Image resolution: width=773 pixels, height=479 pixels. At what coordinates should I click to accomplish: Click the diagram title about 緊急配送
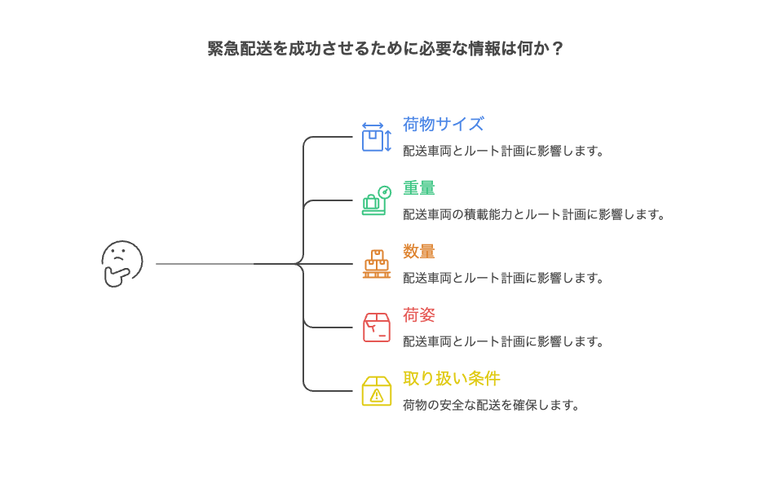pyautogui.click(x=386, y=49)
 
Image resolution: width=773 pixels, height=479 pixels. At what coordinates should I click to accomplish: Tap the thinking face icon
pyautogui.click(x=121, y=263)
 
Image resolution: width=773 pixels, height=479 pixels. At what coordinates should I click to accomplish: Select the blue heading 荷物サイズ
pyautogui.click(x=443, y=125)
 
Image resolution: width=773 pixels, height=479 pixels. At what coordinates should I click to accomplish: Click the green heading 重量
pyautogui.click(x=418, y=188)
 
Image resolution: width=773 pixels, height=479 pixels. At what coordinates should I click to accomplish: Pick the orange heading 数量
pyautogui.click(x=418, y=252)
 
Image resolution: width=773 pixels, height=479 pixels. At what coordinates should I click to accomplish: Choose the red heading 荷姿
pyautogui.click(x=418, y=315)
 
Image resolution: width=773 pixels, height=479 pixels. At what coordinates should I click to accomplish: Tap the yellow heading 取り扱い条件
pyautogui.click(x=451, y=379)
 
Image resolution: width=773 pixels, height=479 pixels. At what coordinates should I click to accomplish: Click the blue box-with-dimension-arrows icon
pyautogui.click(x=376, y=137)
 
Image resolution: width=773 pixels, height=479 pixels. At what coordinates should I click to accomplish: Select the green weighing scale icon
pyautogui.click(x=376, y=200)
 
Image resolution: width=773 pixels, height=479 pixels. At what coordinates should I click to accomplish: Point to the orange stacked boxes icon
pyautogui.click(x=376, y=264)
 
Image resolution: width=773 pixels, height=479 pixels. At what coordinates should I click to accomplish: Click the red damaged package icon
pyautogui.click(x=376, y=327)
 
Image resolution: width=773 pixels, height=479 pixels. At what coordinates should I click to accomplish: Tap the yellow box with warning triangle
pyautogui.click(x=376, y=391)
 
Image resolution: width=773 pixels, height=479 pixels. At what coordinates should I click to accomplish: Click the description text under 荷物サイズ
pyautogui.click(x=504, y=151)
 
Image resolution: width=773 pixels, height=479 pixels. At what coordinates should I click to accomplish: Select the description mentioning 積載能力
pyautogui.click(x=534, y=214)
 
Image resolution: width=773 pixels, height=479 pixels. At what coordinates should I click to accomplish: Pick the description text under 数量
pyautogui.click(x=504, y=278)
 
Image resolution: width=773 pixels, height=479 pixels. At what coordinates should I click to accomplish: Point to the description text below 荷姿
pyautogui.click(x=504, y=341)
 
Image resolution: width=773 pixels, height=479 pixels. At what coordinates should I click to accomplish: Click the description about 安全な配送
pyautogui.click(x=492, y=405)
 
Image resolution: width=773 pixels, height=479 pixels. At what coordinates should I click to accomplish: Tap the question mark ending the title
pyautogui.click(x=558, y=49)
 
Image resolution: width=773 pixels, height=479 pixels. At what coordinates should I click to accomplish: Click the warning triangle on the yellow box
pyautogui.click(x=376, y=395)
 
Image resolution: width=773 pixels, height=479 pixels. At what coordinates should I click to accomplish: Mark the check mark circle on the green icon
pyautogui.click(x=385, y=191)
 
